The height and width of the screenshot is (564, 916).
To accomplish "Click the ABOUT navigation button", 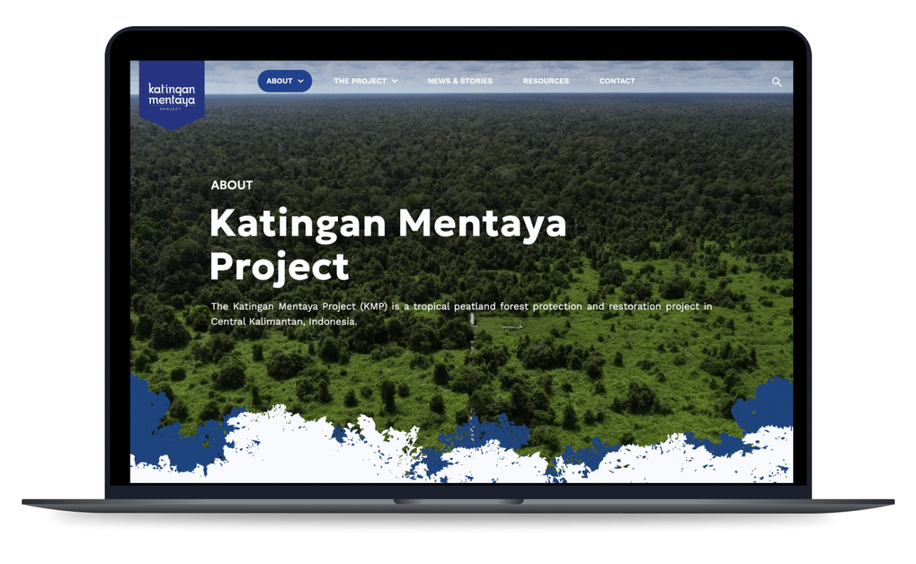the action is pos(284,81).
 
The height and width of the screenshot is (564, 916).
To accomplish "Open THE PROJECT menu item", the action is pos(365,81).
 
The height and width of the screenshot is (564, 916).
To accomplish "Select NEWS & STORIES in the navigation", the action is pos(460,81).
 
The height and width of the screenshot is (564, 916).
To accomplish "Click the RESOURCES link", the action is pos(546,81).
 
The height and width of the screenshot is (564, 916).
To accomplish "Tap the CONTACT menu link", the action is pos(617,81).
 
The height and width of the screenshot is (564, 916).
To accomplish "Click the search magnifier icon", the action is pos(777,82).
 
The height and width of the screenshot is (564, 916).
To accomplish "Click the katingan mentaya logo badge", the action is pos(172,95).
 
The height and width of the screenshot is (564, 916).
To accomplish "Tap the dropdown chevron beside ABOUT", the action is pos(300,81).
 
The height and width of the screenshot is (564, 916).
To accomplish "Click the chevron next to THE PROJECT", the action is pos(394,81).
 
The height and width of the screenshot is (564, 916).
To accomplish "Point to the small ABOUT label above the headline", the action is pos(231,185).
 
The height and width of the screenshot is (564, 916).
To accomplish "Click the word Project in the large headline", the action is pos(280,268).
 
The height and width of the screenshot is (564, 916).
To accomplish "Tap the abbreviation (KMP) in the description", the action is pos(374,306).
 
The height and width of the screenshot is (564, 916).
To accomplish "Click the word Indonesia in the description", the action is pos(333,321).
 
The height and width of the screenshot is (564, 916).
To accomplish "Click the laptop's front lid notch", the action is pos(458,502).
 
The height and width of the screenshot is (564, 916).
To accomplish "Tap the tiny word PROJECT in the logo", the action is pos(170,109).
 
